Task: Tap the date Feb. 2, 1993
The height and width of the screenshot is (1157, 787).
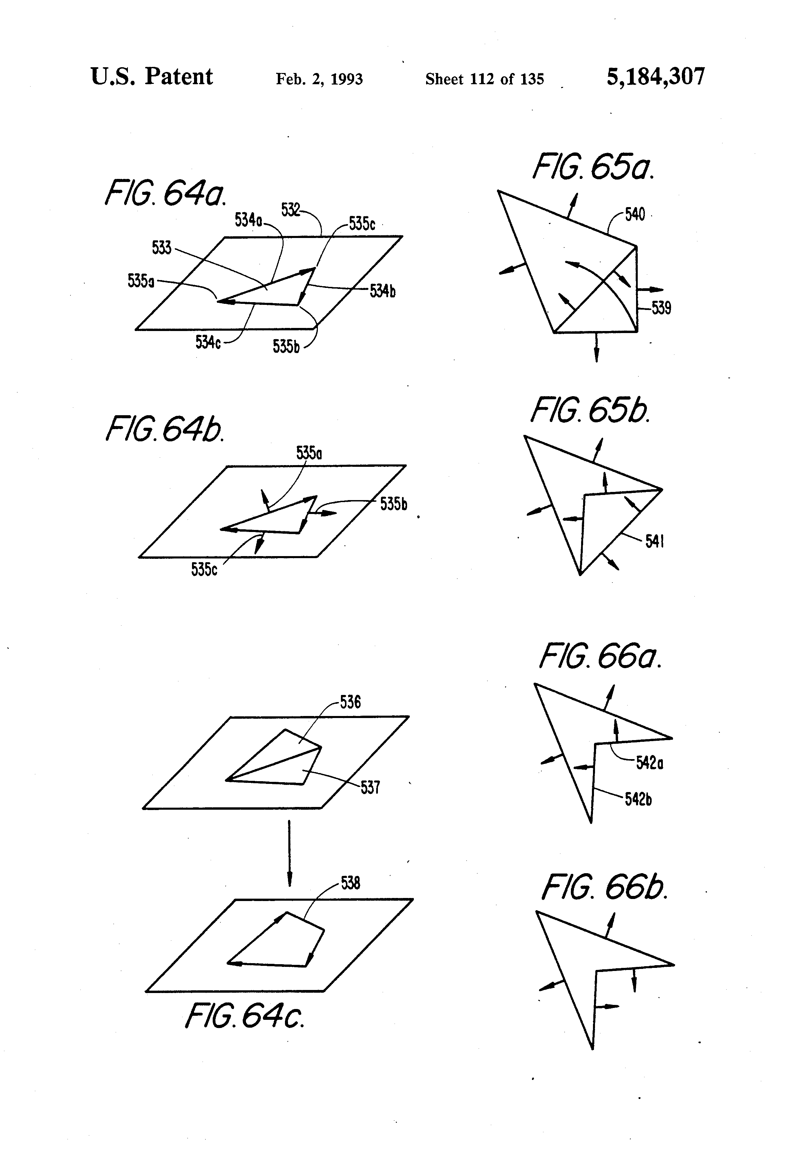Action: pos(319,79)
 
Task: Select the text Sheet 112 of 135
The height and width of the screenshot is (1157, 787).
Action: pos(484,79)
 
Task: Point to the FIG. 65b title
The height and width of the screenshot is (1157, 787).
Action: pos(591,411)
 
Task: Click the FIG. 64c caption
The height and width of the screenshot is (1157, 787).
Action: pos(244,1016)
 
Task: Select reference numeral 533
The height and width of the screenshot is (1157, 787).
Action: pos(162,248)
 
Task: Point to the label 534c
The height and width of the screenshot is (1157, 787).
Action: pos(208,343)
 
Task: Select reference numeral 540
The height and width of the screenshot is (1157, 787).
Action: pos(635,215)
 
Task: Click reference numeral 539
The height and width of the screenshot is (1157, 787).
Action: pos(661,309)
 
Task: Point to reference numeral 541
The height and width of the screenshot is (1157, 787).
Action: pos(655,541)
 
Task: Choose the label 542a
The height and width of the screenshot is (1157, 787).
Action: pos(650,763)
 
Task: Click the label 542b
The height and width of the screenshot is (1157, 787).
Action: pos(638,799)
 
